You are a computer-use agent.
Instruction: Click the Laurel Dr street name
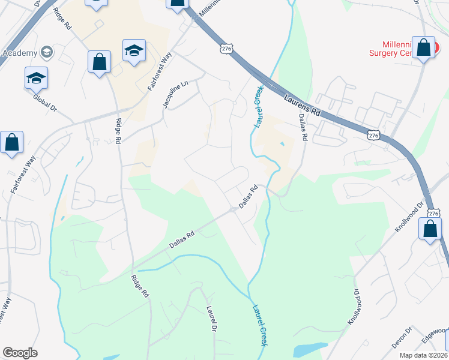(211, 319)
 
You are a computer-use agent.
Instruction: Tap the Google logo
(20, 353)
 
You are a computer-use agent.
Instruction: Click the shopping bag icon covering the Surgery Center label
(424, 48)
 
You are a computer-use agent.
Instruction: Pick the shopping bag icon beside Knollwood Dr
(430, 229)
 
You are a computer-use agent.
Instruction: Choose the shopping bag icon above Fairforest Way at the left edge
(12, 143)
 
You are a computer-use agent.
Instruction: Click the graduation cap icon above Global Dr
(37, 78)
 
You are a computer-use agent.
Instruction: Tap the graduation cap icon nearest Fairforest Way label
(134, 51)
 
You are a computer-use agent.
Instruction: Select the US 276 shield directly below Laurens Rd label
(373, 136)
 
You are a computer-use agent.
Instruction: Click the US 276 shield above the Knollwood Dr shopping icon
(432, 212)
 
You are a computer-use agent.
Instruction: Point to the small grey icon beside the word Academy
(47, 52)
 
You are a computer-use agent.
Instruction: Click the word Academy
(20, 52)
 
